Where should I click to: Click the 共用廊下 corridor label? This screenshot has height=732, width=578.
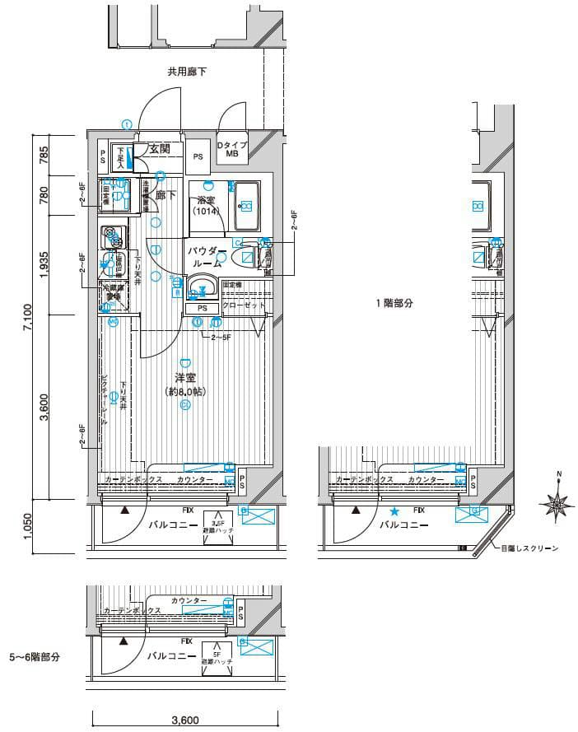point(187,72)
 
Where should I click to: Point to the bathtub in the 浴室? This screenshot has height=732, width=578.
point(246,205)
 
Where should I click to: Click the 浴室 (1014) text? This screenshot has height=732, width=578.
point(205,205)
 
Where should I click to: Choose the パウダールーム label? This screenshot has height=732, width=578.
point(206,257)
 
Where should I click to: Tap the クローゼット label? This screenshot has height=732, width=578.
point(245,305)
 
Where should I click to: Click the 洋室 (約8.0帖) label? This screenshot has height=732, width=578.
point(184,385)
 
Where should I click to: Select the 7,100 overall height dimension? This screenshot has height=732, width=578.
point(27,315)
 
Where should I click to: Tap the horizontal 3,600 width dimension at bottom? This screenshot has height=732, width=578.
point(184,720)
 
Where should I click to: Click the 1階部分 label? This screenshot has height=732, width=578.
point(394,303)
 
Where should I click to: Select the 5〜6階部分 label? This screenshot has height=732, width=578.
point(35,656)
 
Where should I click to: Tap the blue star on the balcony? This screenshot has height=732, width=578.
point(394,511)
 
